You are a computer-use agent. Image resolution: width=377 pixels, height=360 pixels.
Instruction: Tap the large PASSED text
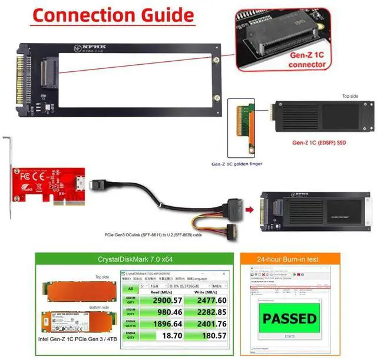(x=289, y=319)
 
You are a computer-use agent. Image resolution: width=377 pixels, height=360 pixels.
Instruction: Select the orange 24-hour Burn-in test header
(x=289, y=257)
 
